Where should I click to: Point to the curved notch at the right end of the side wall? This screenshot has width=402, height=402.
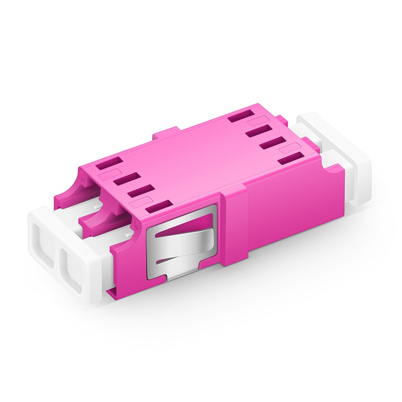327,171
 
